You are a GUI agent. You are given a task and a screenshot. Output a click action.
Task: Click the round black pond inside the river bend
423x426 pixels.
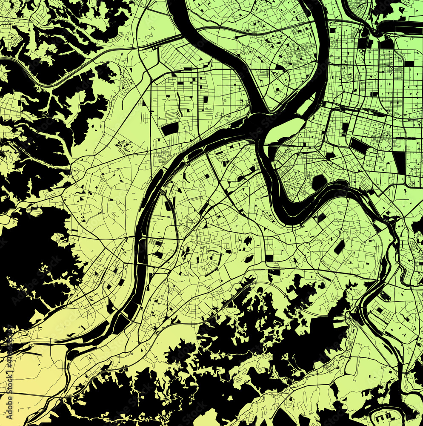(319, 182)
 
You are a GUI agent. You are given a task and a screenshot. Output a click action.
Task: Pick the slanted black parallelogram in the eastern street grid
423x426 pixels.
(359, 146)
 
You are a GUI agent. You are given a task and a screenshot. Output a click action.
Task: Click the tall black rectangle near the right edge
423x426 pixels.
(400, 162)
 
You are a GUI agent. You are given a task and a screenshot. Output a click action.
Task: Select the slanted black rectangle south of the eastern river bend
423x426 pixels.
(339, 247)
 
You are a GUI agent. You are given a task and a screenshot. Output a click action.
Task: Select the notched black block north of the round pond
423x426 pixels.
(331, 156)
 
